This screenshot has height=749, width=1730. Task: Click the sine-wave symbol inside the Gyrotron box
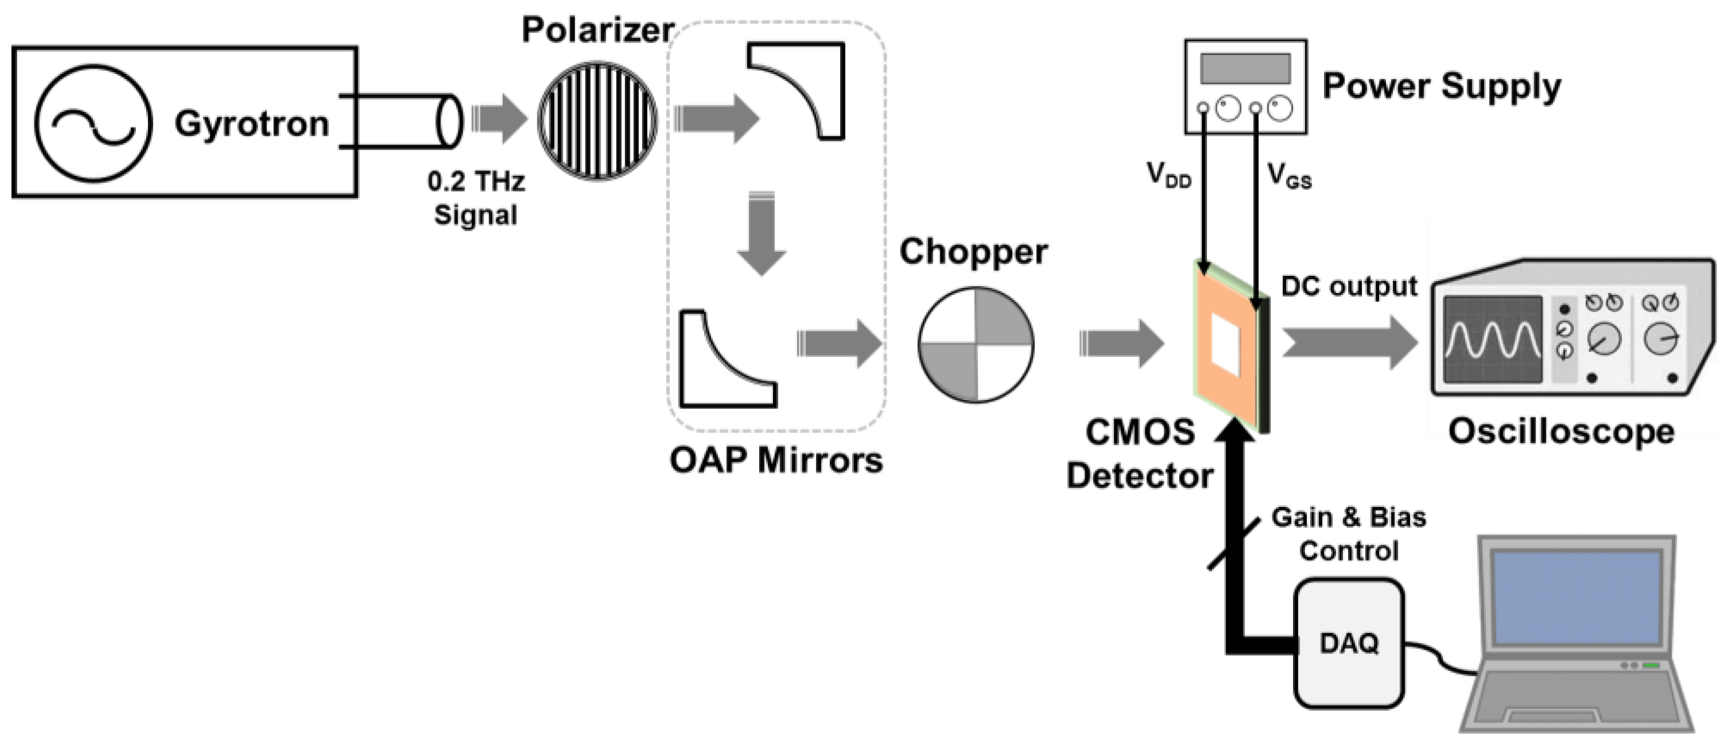coord(93,123)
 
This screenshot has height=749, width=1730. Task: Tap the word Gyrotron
coord(252,124)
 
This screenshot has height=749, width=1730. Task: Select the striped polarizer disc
coord(597,121)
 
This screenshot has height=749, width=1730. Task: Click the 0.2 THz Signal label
coord(475,198)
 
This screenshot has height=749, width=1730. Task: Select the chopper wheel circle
coord(975,345)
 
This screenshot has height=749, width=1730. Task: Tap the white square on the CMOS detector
coord(1225,345)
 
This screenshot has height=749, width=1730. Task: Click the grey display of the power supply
coord(1245,68)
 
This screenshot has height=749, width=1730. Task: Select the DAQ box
coord(1349,643)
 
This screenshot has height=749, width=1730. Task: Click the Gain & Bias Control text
coord(1348,534)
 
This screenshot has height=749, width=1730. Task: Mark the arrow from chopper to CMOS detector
coord(1120,344)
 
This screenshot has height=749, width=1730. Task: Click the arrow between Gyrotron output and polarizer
coord(499,119)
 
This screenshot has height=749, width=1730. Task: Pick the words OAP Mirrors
coord(776,461)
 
